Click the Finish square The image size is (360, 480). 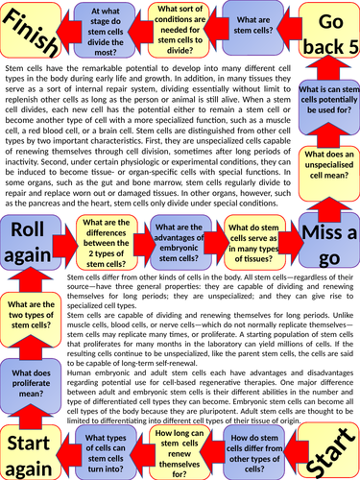(33, 32)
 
